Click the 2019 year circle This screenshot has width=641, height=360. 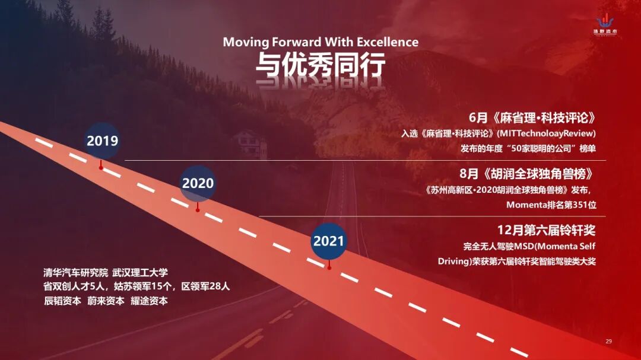pos(102,141)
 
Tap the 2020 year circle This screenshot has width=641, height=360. pos(198,183)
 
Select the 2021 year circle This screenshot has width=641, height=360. pos(329,241)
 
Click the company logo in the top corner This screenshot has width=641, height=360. pos(605,24)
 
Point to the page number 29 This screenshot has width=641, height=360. pos(609,341)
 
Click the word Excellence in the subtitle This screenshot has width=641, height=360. pos(388,42)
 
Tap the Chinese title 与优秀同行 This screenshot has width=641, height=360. pos(320,65)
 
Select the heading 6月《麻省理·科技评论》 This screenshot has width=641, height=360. pos(532,118)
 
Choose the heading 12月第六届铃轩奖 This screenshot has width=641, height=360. pos(547,230)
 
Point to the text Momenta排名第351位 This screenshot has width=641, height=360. pos(551,205)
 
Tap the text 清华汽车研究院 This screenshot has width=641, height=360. pos(75,273)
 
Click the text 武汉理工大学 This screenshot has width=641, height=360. pos(140,273)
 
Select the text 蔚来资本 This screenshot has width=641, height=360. pos(106,301)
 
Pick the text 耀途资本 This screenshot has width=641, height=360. pos(149,301)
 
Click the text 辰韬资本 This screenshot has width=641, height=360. pos(62,301)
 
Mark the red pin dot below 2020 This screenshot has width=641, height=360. pos(198,210)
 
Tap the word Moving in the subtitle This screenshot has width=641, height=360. pos(246,42)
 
